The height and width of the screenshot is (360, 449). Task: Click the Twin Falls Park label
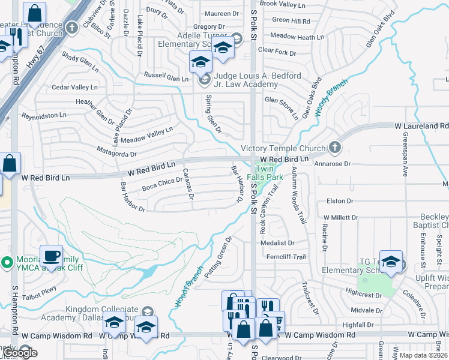pyautogui.click(x=270, y=173)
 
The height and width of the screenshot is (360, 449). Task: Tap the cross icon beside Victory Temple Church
pyautogui.click(x=335, y=148)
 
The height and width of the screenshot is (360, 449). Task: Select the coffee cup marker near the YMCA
pyautogui.click(x=51, y=256)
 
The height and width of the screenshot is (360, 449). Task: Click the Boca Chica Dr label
pyautogui.click(x=161, y=185)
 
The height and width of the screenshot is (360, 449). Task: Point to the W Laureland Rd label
pyautogui.click(x=421, y=126)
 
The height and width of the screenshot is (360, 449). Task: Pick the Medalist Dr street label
pyautogui.click(x=278, y=243)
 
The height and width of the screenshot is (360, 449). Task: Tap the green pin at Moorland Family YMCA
pyautogui.click(x=7, y=262)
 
